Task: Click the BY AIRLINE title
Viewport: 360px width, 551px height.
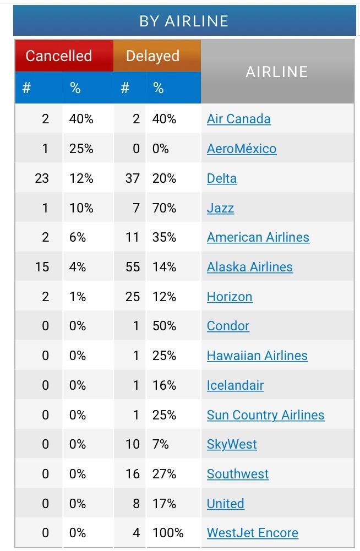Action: [x=184, y=21]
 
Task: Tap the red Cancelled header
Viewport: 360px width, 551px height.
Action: [x=59, y=56]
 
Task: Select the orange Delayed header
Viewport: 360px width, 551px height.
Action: [x=152, y=56]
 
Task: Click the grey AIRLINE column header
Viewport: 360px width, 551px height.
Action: [x=277, y=72]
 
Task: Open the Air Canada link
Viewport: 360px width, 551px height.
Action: [x=238, y=119]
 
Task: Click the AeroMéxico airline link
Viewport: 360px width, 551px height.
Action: [x=242, y=149]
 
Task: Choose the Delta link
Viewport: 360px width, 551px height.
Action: [x=222, y=178]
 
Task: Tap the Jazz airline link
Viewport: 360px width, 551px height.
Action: [x=220, y=208]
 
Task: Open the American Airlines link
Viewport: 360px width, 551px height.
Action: [x=258, y=237]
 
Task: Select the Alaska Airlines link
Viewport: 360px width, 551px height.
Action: [x=249, y=267]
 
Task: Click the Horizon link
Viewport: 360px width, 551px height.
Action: [x=230, y=297]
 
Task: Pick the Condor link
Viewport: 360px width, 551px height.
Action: [x=228, y=326]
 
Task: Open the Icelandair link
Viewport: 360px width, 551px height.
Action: [x=235, y=385]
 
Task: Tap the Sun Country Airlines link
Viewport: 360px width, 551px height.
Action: [x=265, y=415]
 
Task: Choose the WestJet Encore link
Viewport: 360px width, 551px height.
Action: [x=252, y=533]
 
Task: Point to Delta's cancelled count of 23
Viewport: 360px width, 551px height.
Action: [x=41, y=178]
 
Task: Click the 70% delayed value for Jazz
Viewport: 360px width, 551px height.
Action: [x=164, y=208]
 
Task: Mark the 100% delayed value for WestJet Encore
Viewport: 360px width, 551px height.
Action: [x=168, y=533]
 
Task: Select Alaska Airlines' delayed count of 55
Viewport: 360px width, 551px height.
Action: [x=132, y=267]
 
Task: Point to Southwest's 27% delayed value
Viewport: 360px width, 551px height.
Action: [x=164, y=474]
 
